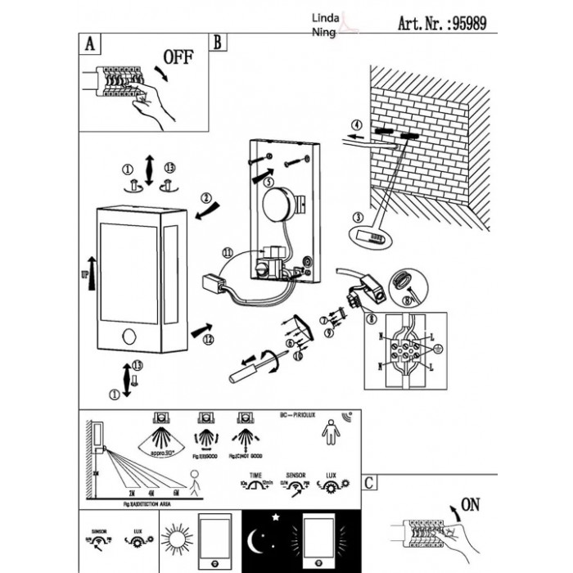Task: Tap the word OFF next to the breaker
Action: pyautogui.click(x=179, y=57)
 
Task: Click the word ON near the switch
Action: pyautogui.click(x=471, y=504)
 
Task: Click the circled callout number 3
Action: pyautogui.click(x=357, y=217)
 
